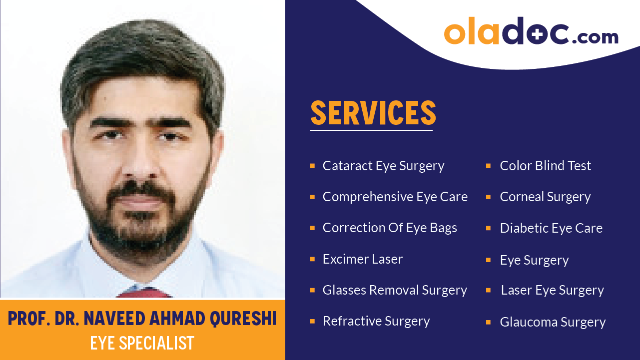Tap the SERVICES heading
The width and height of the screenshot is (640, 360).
(373, 113)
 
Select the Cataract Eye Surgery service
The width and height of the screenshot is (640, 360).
(383, 166)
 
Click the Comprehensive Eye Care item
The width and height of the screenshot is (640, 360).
(395, 197)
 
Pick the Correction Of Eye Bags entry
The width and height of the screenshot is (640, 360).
(390, 228)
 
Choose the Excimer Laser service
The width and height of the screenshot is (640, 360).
(362, 259)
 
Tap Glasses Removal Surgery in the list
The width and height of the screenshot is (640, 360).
(395, 290)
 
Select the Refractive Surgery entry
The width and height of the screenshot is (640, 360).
(376, 321)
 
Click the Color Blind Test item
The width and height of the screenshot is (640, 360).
(545, 166)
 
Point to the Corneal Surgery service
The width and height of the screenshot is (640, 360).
(545, 197)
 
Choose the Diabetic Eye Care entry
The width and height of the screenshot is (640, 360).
(551, 228)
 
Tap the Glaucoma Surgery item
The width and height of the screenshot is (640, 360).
(553, 322)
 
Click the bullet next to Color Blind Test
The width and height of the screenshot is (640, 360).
(488, 166)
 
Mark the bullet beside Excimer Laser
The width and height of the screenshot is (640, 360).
(312, 259)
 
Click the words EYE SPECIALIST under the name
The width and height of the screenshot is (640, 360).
(142, 343)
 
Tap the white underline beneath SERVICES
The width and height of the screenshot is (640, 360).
(371, 130)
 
